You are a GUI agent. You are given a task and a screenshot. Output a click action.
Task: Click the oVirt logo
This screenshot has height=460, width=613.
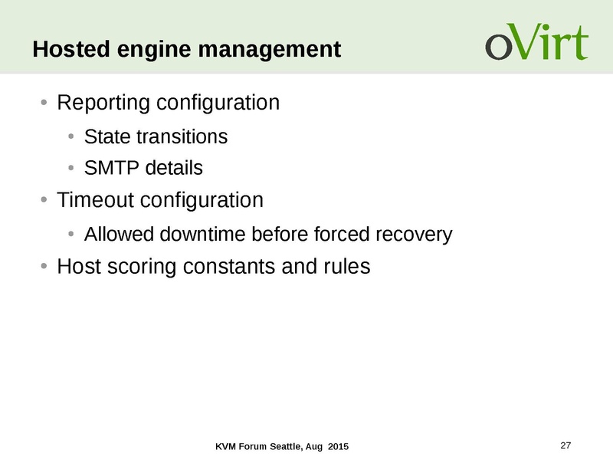click(537, 41)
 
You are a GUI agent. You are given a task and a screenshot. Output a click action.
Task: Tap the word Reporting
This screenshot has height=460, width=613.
click(103, 103)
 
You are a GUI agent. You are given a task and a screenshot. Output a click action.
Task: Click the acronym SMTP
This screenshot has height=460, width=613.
click(111, 168)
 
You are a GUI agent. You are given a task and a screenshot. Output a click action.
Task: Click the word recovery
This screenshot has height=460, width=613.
click(414, 235)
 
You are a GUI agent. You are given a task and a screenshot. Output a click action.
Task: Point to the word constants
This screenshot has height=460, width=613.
click(228, 266)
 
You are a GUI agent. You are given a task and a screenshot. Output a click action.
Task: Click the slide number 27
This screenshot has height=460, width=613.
click(565, 445)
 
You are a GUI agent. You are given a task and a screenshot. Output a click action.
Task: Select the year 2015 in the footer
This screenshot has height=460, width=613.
click(338, 446)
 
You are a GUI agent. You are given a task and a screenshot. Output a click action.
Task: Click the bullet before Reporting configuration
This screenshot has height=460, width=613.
click(44, 103)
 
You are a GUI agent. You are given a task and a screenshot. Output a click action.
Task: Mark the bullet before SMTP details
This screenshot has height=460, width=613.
click(70, 168)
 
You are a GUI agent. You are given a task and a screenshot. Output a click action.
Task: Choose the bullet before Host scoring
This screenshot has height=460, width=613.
click(44, 266)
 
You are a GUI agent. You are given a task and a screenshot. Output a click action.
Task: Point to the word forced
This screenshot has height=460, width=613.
click(341, 235)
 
